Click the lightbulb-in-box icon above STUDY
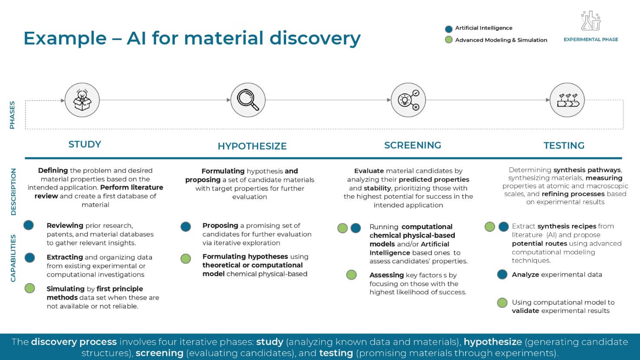(x=82, y=100)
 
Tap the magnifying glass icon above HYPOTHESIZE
(x=248, y=100)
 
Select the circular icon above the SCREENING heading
(x=408, y=100)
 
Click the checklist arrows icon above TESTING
(x=567, y=100)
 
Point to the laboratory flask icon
(x=590, y=20)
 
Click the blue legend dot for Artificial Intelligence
(x=449, y=29)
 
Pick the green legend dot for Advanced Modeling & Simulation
(x=449, y=40)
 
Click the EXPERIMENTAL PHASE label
(x=590, y=40)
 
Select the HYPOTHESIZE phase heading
(x=252, y=146)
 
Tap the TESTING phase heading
(x=564, y=145)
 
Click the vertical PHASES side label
(x=12, y=115)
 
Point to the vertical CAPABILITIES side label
(x=13, y=258)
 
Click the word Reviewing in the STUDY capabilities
(x=65, y=225)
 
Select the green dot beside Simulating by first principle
(x=30, y=288)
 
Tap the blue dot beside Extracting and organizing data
(x=30, y=258)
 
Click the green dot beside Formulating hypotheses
(x=185, y=259)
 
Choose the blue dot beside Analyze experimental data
(x=502, y=274)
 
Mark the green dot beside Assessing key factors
(x=351, y=275)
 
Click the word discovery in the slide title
(x=315, y=38)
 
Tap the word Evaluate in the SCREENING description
(x=369, y=171)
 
